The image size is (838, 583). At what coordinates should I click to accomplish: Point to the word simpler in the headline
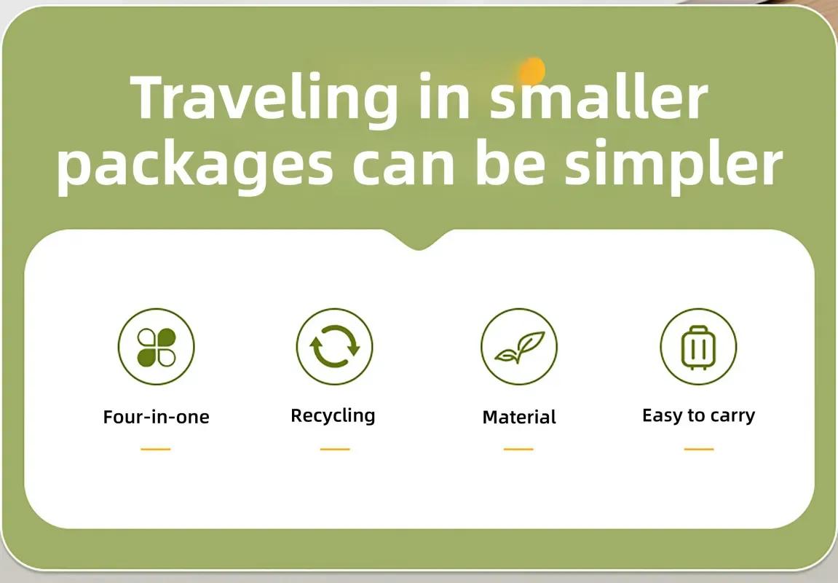point(673,166)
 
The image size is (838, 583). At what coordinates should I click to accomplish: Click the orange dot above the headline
point(531,70)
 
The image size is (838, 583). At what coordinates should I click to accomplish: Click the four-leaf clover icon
point(156,347)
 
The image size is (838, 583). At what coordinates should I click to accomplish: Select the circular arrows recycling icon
point(335,347)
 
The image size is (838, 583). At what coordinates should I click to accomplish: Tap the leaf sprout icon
point(519,347)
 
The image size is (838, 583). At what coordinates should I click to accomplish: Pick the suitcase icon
point(698,347)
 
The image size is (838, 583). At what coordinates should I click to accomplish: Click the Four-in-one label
point(156,417)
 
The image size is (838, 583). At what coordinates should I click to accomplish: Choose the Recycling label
point(333,416)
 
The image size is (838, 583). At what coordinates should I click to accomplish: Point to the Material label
point(519,417)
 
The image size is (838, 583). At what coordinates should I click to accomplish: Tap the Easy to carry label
point(698,415)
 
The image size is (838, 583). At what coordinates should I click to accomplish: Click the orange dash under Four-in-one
point(156,450)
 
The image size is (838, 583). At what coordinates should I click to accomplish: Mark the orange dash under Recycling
point(335,450)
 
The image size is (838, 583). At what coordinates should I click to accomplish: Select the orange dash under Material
point(518,450)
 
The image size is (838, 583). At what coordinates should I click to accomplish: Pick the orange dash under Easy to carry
point(699,450)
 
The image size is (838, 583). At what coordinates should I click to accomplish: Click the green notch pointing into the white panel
point(419,240)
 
